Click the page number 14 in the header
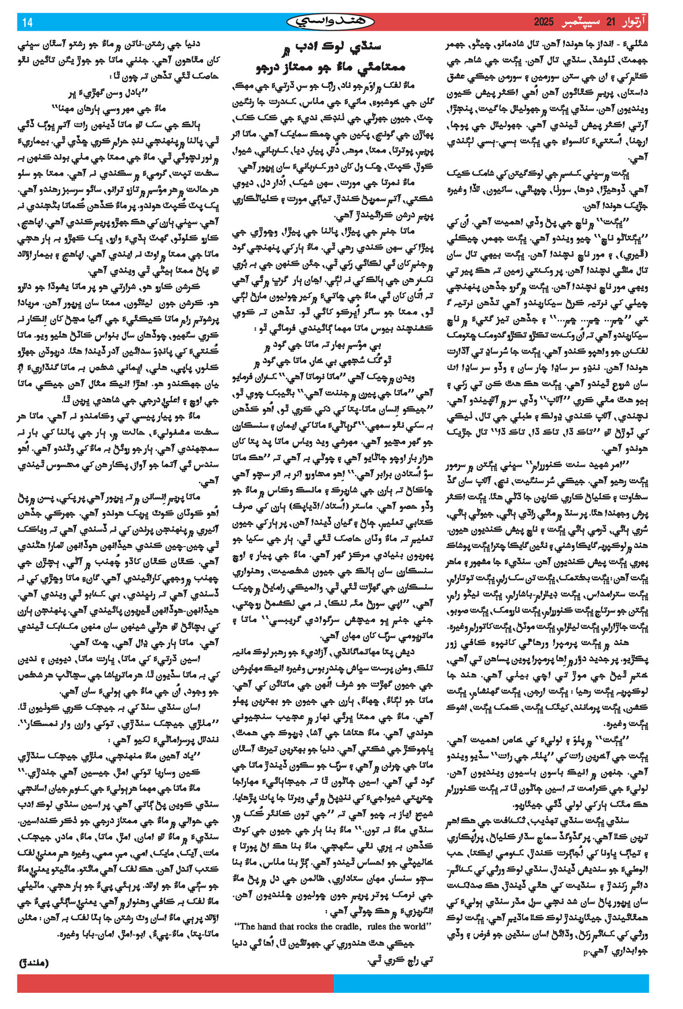27,23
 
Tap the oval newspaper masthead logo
331,22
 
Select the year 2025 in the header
544,23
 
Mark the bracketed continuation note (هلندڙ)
34,963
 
